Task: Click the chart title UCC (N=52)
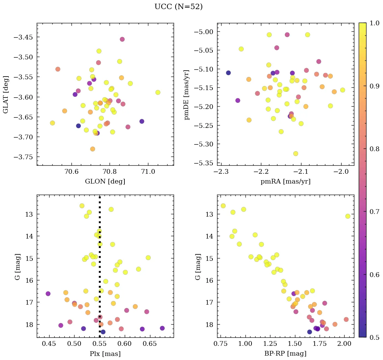coord(178,7)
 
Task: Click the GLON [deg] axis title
coord(105,182)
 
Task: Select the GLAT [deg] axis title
coord(6,94)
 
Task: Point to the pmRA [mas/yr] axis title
coord(285,182)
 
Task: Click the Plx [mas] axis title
coord(105,354)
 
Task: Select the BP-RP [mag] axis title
coord(285,354)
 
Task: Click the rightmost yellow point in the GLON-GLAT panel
coord(158,92)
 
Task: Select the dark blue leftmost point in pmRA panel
coord(228,73)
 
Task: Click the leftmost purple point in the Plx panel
coord(48,294)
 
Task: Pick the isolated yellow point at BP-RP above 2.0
coord(348,216)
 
